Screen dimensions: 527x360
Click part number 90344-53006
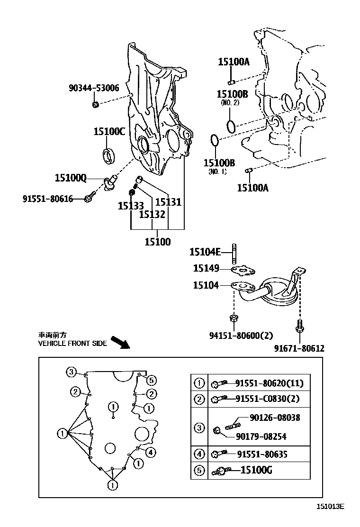click(94, 88)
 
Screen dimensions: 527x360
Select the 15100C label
click(109, 131)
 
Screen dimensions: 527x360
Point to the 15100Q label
click(71, 178)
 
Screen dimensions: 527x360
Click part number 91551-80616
click(48, 199)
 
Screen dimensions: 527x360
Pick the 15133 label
click(131, 206)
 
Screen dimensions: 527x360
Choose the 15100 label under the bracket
click(158, 242)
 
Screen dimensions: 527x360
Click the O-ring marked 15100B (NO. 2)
click(231, 126)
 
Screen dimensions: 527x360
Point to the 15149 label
click(206, 269)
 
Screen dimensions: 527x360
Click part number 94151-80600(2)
click(241, 336)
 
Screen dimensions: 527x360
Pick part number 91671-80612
click(299, 348)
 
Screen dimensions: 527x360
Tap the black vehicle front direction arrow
click(120, 342)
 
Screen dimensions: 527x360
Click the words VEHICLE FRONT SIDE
click(72, 344)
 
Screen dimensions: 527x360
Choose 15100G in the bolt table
click(256, 471)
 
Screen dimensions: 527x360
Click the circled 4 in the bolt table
click(199, 454)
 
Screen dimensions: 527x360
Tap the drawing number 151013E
click(330, 506)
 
